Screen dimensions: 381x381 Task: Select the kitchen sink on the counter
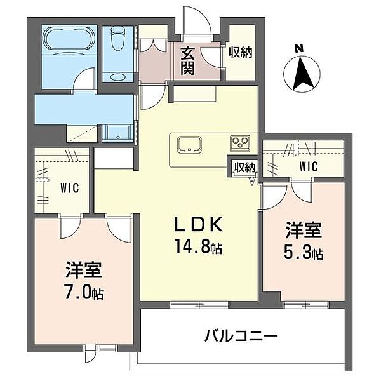point(189,144)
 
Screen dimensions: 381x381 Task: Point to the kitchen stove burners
point(241,142)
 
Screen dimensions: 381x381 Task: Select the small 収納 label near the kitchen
point(244,168)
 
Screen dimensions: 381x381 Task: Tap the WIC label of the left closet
point(70,188)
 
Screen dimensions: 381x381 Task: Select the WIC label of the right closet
point(308,168)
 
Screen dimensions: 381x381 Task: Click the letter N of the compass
point(300,46)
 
